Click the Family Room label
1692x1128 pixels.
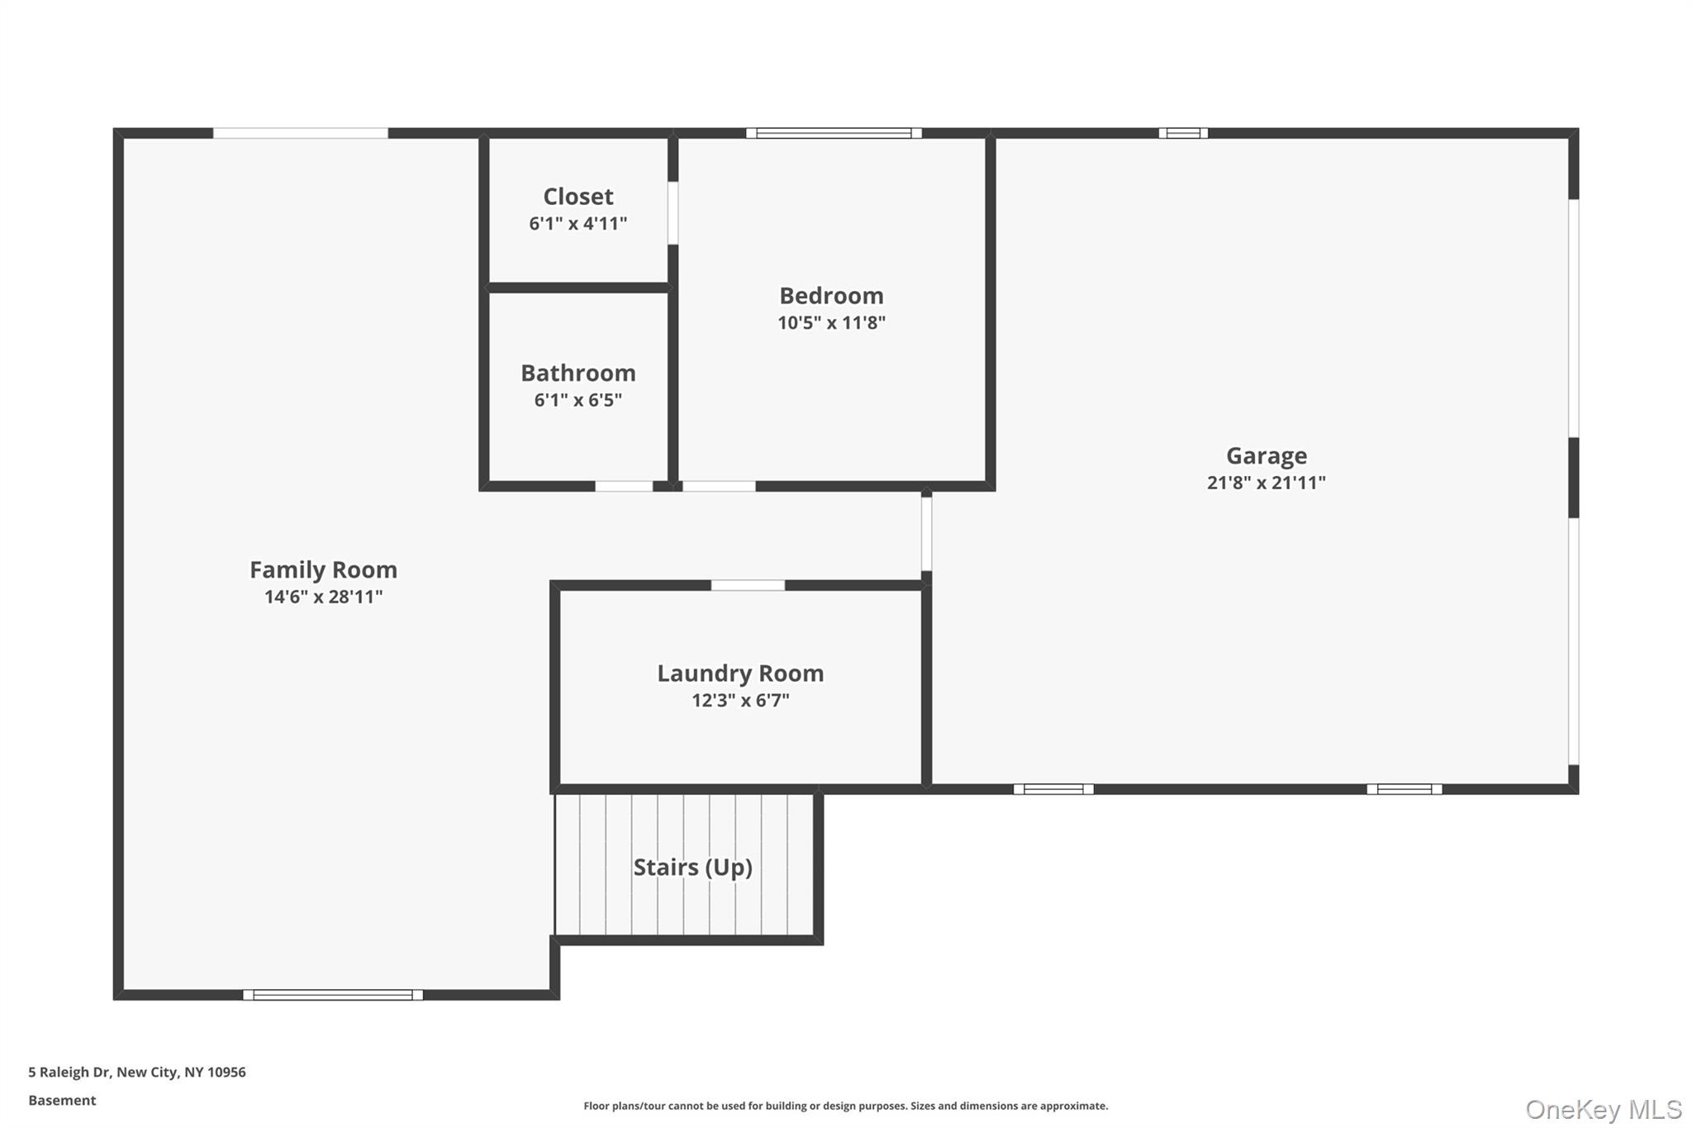[x=323, y=569]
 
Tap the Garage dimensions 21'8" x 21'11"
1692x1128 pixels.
[x=1266, y=483]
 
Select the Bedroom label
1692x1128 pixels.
[x=831, y=295]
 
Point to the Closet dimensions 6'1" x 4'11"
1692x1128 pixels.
[x=577, y=223]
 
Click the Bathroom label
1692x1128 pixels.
[x=577, y=373]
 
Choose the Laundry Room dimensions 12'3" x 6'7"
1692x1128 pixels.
[x=740, y=701]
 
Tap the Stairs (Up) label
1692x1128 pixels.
[x=692, y=867]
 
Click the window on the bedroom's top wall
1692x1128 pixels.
[x=834, y=133]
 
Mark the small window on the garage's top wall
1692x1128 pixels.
[x=1183, y=133]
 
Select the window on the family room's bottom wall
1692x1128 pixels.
[x=333, y=995]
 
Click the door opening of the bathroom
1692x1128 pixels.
[x=624, y=486]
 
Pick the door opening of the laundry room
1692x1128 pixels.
[x=748, y=585]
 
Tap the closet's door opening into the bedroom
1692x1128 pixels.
[x=673, y=212]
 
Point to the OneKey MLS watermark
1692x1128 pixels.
[x=1603, y=1108]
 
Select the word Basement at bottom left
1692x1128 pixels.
[x=62, y=1100]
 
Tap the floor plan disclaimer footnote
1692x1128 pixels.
[x=845, y=1106]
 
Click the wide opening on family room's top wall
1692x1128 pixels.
[x=301, y=133]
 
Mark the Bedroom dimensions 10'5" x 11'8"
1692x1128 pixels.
[x=831, y=323]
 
